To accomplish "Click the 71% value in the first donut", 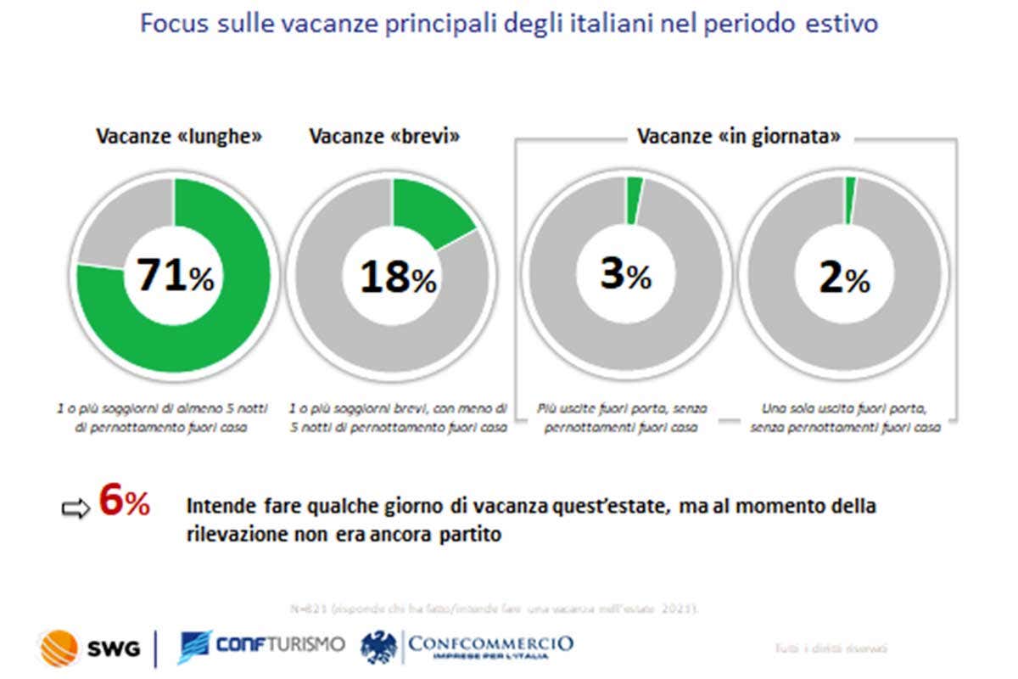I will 174,276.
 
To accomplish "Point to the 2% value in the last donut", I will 844,278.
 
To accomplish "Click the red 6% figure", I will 124,502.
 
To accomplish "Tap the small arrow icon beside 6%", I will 76,509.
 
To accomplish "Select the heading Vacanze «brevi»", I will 384,136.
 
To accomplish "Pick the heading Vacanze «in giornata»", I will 739,136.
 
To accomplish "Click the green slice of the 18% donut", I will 431,210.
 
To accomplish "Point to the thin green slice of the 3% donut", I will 634,201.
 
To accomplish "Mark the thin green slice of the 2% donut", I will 850,201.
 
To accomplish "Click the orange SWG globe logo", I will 58,648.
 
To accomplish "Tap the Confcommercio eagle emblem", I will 378,648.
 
